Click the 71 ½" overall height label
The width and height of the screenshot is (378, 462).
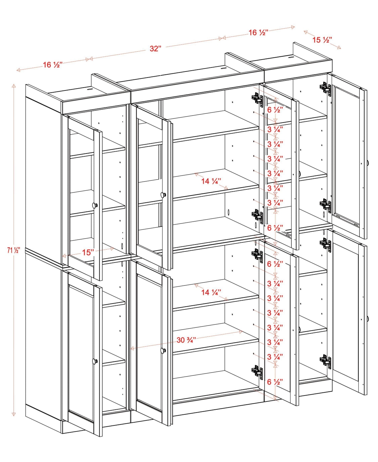pyautogui.click(x=13, y=251)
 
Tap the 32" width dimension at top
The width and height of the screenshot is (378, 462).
pyautogui.click(x=155, y=49)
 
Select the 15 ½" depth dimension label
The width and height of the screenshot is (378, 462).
pyautogui.click(x=322, y=40)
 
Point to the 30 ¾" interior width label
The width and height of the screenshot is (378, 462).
pyautogui.click(x=186, y=340)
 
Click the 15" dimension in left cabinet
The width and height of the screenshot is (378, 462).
pyautogui.click(x=88, y=252)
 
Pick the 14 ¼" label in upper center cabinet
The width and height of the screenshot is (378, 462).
pyautogui.click(x=211, y=181)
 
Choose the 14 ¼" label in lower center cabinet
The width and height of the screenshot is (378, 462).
pyautogui.click(x=211, y=293)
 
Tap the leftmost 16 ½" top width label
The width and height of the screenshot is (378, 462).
pyautogui.click(x=53, y=65)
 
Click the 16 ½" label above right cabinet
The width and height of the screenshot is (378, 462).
pyautogui.click(x=258, y=33)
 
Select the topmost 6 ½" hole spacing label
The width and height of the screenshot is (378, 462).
pyautogui.click(x=275, y=110)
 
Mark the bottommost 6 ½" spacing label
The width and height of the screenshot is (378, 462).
pyautogui.click(x=275, y=382)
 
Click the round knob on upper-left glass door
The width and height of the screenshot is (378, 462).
pyautogui.click(x=95, y=205)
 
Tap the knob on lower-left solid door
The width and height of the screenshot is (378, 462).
pyautogui.click(x=95, y=361)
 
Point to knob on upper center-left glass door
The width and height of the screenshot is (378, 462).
pyautogui.click(x=163, y=195)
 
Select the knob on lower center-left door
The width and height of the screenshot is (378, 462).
pyautogui.click(x=163, y=350)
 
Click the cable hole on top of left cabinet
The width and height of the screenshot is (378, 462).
pyautogui.click(x=90, y=89)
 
